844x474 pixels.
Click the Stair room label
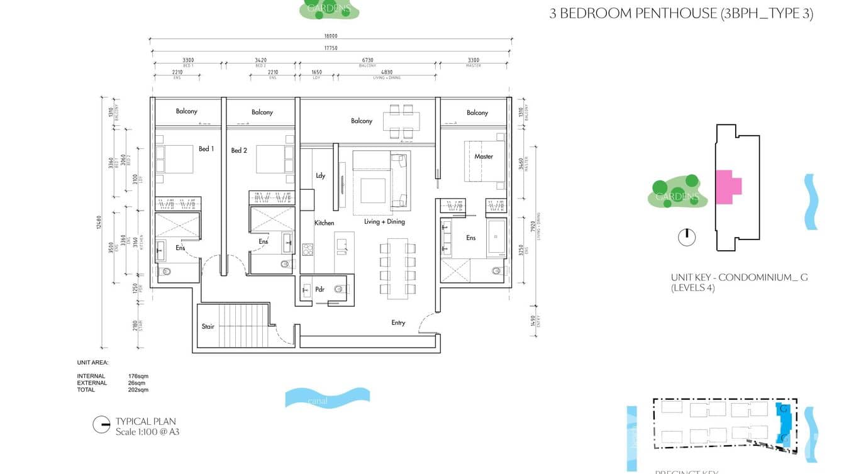point(208,326)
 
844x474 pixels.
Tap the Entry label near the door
point(398,322)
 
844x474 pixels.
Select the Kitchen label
point(325,223)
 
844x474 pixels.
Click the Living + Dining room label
point(384,221)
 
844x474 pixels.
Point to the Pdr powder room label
point(319,290)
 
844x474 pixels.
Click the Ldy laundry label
point(320,175)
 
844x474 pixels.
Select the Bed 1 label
point(206,149)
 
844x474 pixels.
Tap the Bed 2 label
point(239,150)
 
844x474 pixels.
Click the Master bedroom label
point(484,156)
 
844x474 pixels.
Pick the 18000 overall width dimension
point(331,36)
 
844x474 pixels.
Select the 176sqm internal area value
point(138,376)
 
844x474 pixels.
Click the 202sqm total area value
point(138,390)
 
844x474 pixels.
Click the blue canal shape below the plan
point(327,398)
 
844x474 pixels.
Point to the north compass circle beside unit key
point(687,237)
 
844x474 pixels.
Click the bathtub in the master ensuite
point(497,238)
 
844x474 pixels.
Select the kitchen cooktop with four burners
point(308,250)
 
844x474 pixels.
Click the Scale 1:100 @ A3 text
point(147,432)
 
